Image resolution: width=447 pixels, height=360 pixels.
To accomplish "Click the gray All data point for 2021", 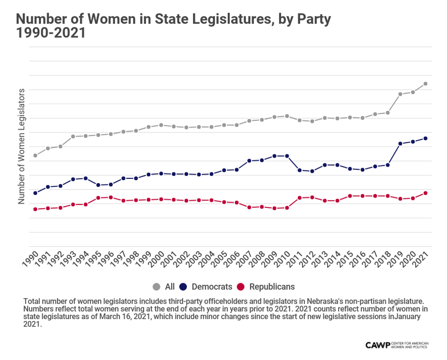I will [425, 84].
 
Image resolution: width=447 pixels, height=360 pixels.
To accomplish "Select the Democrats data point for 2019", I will [400, 144].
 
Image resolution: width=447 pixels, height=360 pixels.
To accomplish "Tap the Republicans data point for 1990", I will [35, 209].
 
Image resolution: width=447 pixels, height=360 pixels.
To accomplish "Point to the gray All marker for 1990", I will [35, 155].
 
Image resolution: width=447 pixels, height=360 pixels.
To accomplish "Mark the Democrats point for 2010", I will [287, 156].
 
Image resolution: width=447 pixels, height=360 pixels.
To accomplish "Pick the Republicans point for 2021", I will [425, 193].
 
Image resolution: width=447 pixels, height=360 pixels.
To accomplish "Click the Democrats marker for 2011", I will [300, 170].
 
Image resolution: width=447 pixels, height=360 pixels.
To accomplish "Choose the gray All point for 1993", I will [73, 136].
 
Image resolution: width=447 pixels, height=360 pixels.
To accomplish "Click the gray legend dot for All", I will [157, 287].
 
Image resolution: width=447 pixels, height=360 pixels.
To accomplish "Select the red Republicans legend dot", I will [243, 287].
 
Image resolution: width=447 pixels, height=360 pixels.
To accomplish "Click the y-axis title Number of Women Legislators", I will [21, 146].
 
